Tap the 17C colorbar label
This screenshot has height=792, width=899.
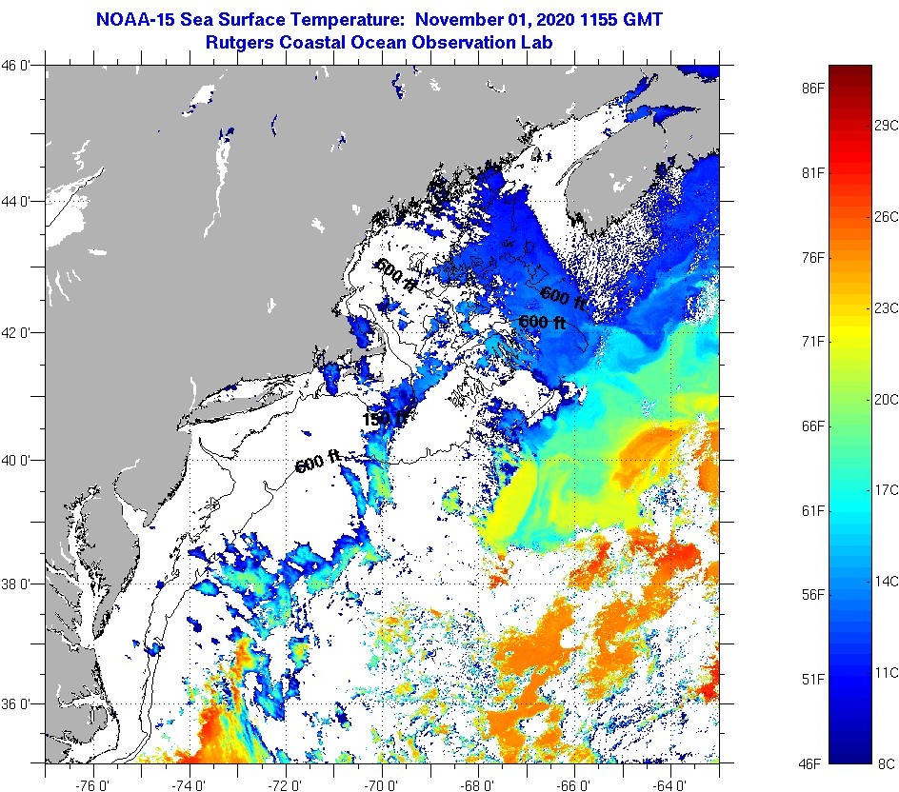click(x=886, y=489)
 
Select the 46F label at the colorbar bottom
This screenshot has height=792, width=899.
click(x=812, y=763)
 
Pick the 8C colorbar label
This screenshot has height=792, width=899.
click(x=886, y=763)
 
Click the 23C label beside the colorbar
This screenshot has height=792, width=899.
click(x=886, y=307)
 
